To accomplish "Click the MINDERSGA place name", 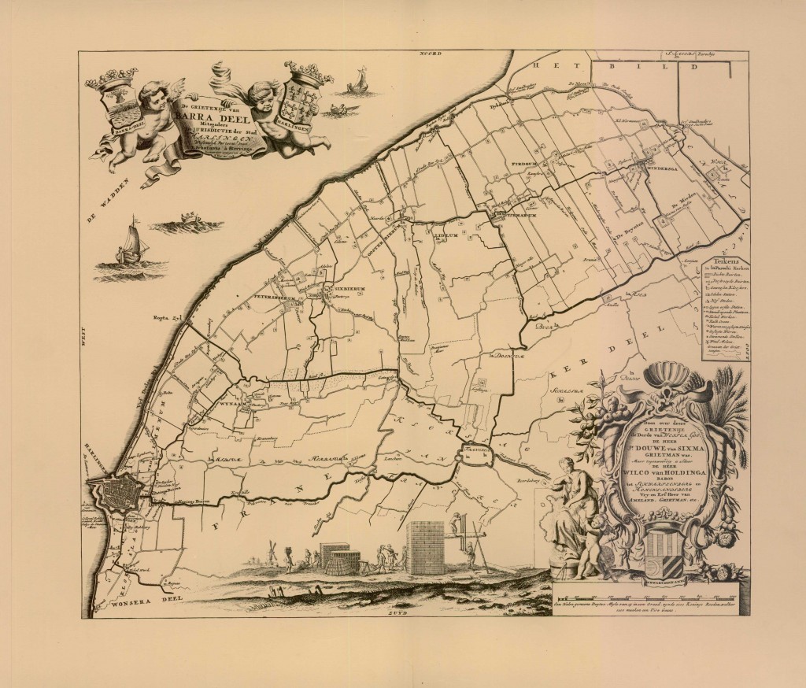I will pos(661,168).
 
